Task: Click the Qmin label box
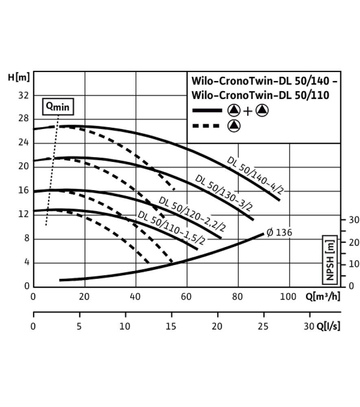click(58, 106)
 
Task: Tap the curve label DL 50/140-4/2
click(255, 175)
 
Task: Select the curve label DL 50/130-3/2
click(224, 193)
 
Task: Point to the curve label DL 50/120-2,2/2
click(192, 214)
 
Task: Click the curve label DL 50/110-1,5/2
click(171, 228)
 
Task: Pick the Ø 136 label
click(279, 232)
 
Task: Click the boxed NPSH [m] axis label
click(330, 260)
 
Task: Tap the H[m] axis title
click(19, 77)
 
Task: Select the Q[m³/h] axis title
click(323, 296)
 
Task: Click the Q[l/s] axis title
click(328, 326)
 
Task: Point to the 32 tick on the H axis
click(23, 96)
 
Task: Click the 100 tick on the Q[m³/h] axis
click(288, 296)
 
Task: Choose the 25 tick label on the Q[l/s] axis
click(263, 326)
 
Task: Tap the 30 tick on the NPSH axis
click(354, 220)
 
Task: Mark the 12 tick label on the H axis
click(23, 214)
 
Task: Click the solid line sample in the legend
click(207, 111)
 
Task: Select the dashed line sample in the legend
click(206, 126)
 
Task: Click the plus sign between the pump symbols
click(248, 111)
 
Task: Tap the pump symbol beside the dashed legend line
click(234, 126)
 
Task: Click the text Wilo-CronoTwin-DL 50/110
click(260, 95)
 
